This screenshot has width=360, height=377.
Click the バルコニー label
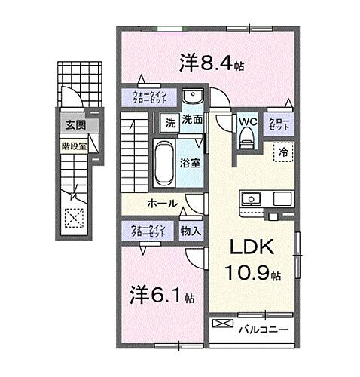(263, 328)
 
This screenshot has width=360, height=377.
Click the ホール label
(162, 203)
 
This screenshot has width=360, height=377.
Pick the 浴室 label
(190, 162)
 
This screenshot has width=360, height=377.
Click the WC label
(248, 121)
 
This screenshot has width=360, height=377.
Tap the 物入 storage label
(191, 231)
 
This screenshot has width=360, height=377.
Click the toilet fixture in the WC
(246, 139)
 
